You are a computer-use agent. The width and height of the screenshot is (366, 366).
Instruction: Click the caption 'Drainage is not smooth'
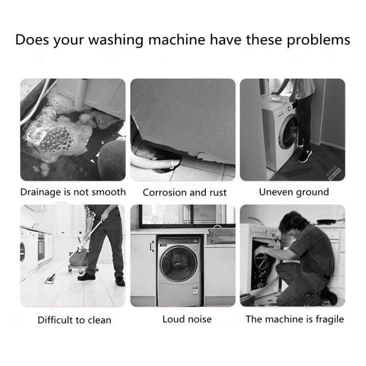pyautogui.click(x=73, y=192)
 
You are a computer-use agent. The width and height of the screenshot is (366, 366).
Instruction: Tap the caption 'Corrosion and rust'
pyautogui.click(x=185, y=193)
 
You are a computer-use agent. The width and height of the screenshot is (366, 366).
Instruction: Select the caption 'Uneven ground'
pyautogui.click(x=294, y=192)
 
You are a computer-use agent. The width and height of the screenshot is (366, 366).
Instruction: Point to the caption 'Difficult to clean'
pyautogui.click(x=74, y=320)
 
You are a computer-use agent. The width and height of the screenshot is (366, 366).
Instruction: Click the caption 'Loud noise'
pyautogui.click(x=187, y=319)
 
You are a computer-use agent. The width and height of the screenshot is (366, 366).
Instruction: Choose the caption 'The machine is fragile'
pyautogui.click(x=295, y=319)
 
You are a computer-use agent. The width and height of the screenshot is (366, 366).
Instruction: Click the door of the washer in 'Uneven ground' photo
pyautogui.click(x=288, y=132)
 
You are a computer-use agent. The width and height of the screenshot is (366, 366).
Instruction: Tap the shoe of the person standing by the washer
pyautogui.click(x=305, y=156)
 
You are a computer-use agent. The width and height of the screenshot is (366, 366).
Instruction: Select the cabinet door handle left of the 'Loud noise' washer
pyautogui.click(x=151, y=246)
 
